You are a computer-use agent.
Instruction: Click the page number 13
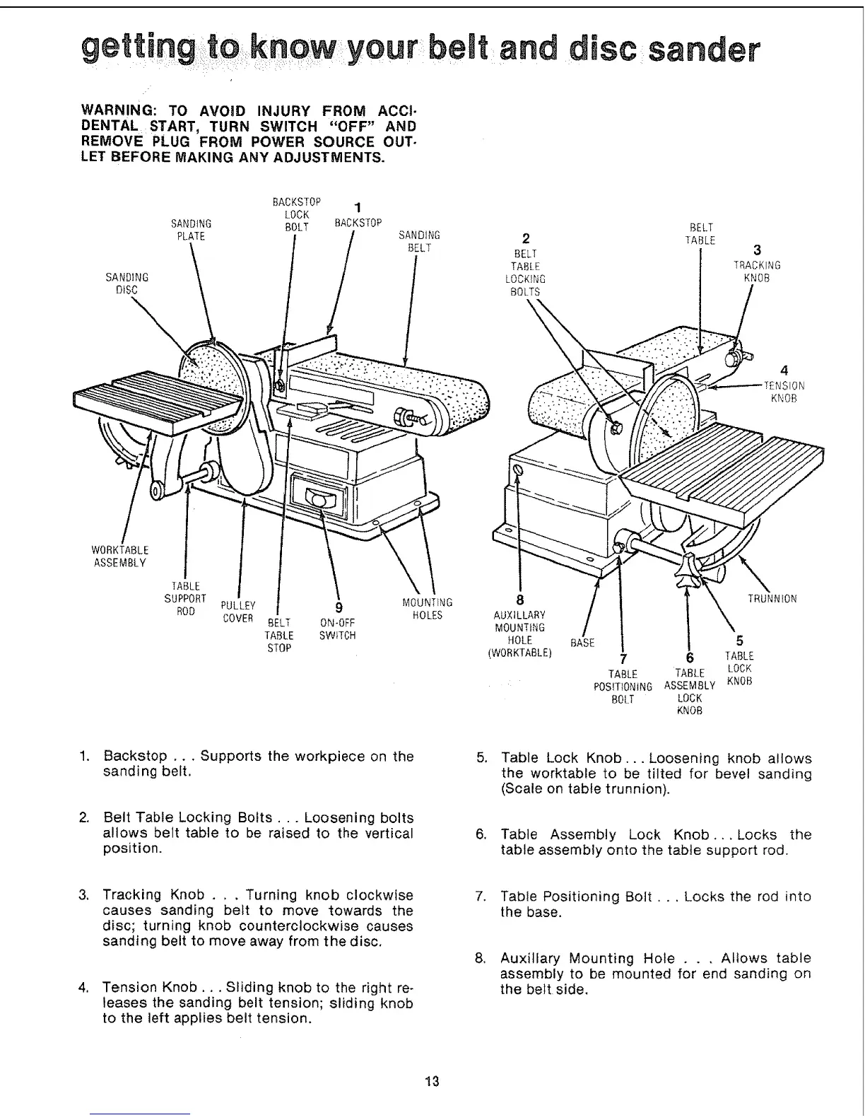click(x=432, y=1080)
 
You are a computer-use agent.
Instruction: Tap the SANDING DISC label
click(x=126, y=283)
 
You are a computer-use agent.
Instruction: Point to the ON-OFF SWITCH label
click(x=337, y=629)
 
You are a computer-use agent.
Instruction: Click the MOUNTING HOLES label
click(x=427, y=609)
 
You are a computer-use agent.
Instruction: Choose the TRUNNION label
click(x=772, y=599)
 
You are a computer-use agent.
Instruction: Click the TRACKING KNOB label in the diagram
click(x=757, y=272)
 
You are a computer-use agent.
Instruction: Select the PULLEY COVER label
click(x=237, y=612)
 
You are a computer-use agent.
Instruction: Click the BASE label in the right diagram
click(x=583, y=643)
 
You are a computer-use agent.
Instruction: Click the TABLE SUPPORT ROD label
click(x=185, y=598)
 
